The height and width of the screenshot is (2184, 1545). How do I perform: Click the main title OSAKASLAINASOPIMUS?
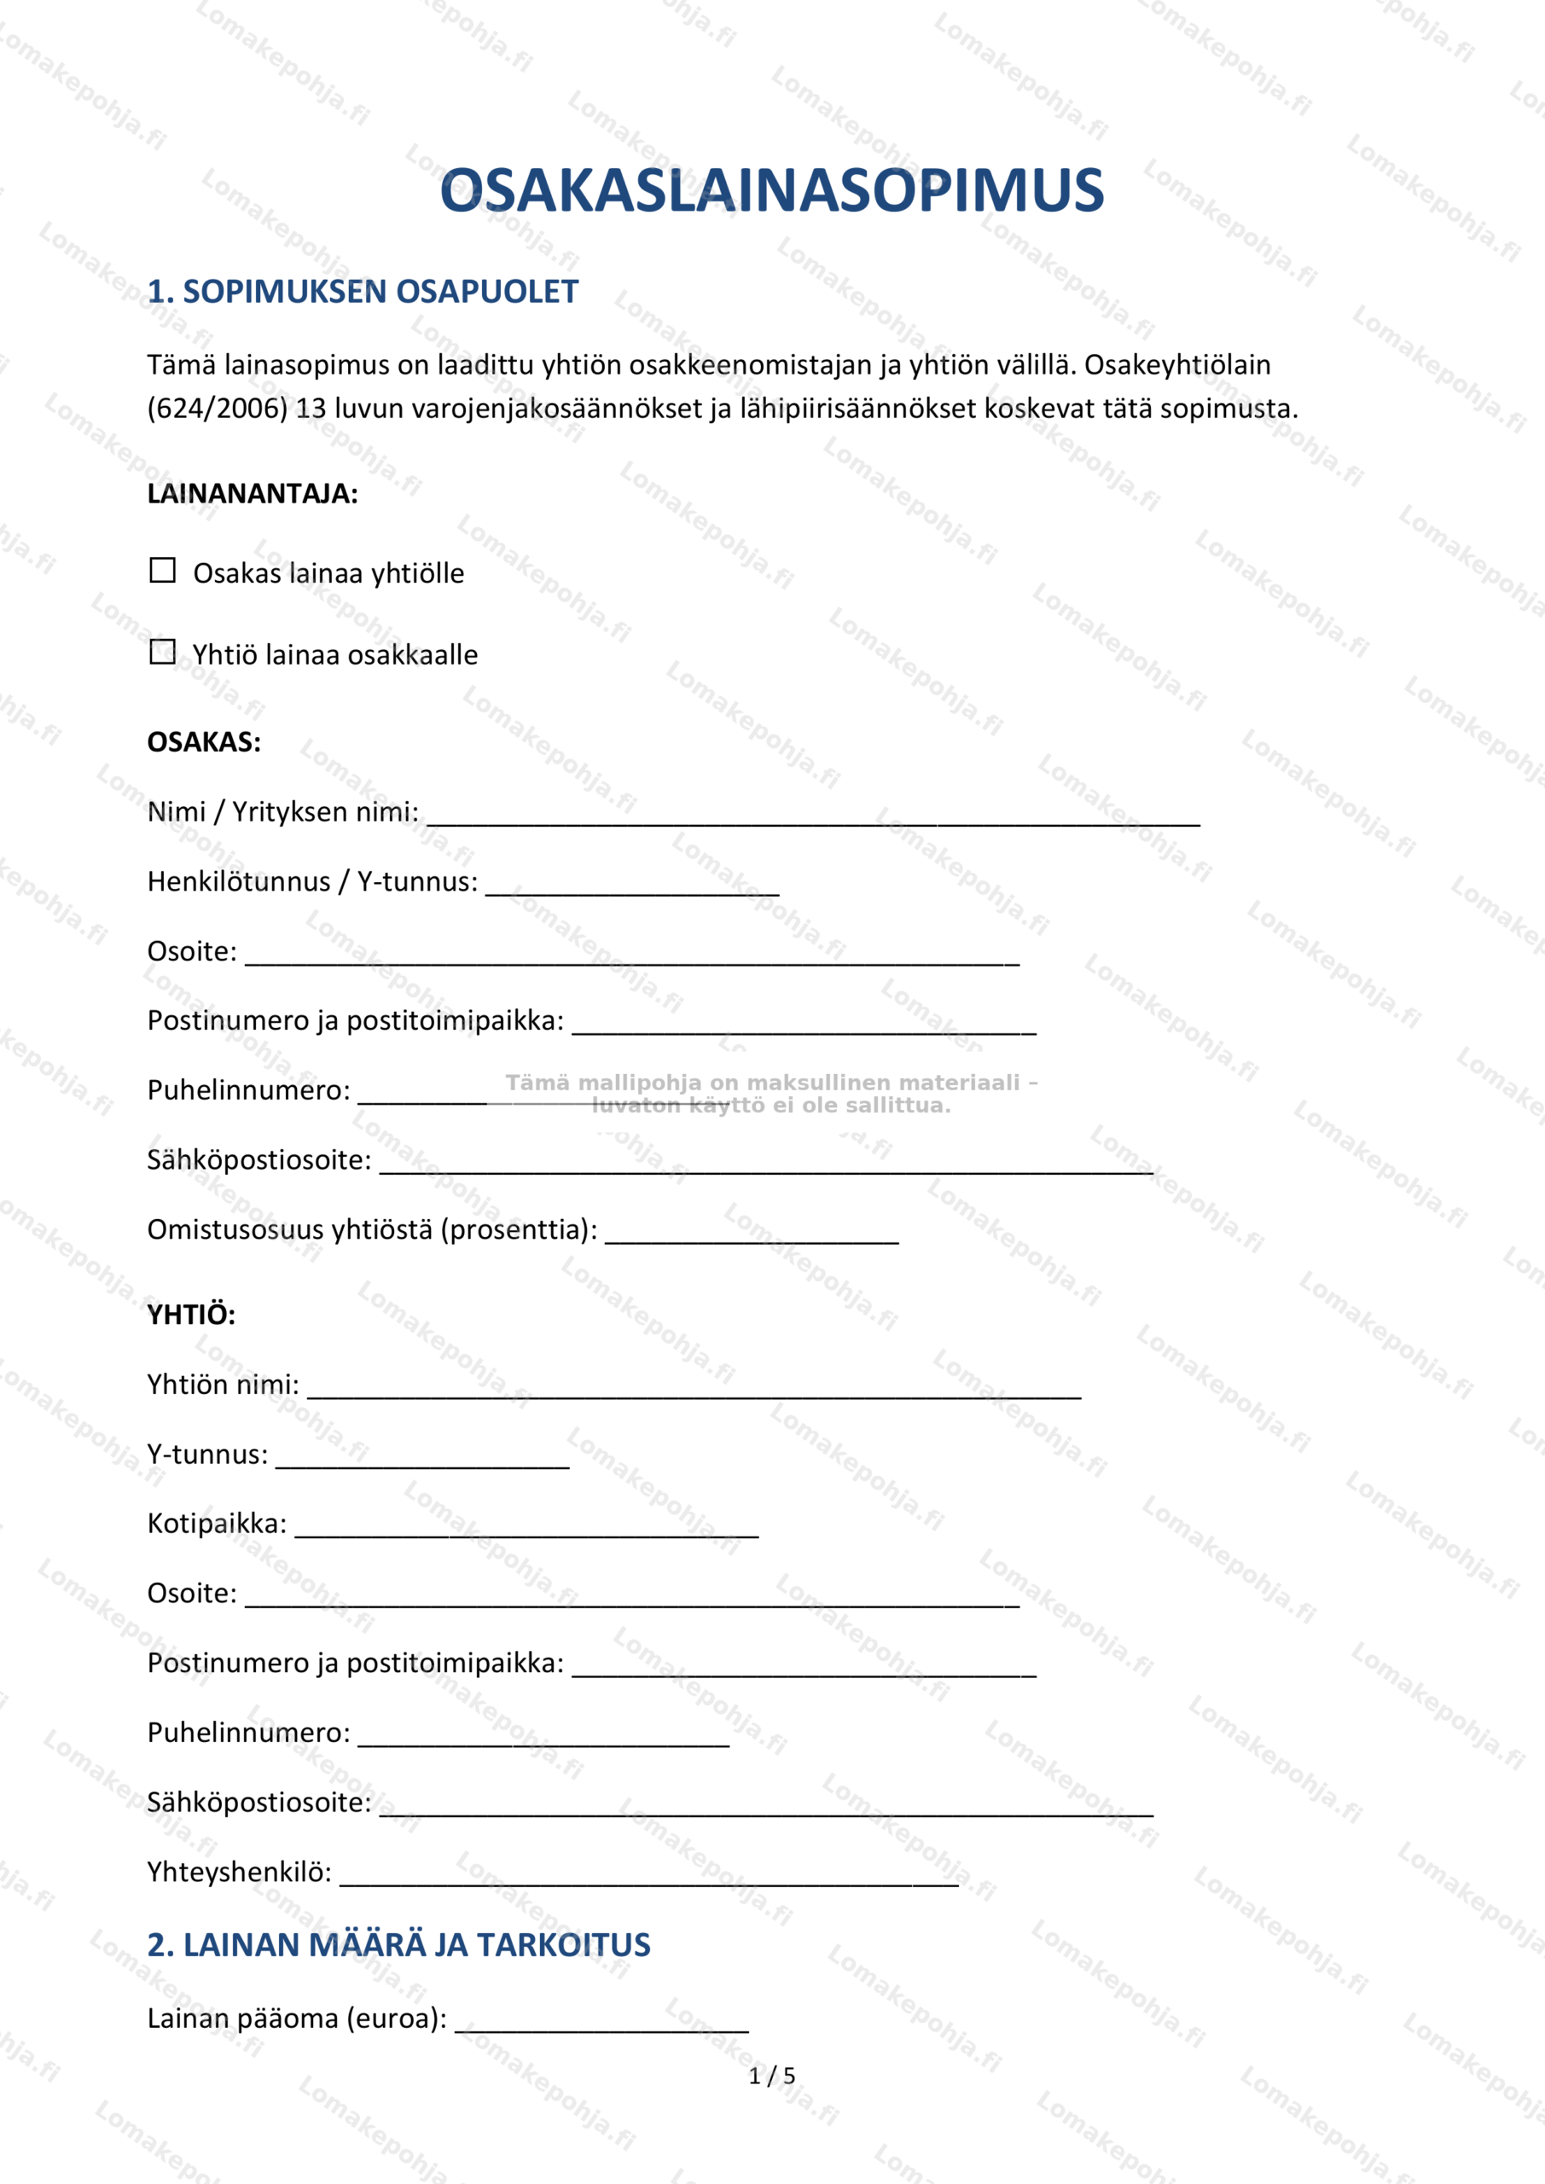pyautogui.click(x=771, y=190)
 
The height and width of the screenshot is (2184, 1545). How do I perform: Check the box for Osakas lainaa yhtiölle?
pyautogui.click(x=163, y=570)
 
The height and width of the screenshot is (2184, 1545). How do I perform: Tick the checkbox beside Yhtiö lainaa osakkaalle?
pyautogui.click(x=163, y=652)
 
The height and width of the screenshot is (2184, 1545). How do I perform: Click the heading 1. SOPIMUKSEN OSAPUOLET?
pyautogui.click(x=363, y=291)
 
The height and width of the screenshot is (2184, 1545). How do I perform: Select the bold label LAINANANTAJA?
pyautogui.click(x=253, y=494)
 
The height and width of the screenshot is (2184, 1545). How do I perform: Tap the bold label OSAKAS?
pyautogui.click(x=204, y=742)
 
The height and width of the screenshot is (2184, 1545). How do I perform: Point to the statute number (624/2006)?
pyautogui.click(x=217, y=409)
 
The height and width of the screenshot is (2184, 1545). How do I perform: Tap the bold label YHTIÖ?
pyautogui.click(x=191, y=1315)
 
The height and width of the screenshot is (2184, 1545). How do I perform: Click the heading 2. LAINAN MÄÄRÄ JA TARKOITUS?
pyautogui.click(x=398, y=1945)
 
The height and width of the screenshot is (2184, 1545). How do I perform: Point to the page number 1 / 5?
pyautogui.click(x=771, y=2076)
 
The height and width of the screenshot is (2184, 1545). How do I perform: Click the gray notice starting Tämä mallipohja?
pyautogui.click(x=770, y=1094)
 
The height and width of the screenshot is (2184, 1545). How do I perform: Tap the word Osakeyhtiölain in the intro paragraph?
pyautogui.click(x=1176, y=365)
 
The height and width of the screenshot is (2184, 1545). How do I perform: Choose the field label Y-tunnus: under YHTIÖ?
pyautogui.click(x=207, y=1455)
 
